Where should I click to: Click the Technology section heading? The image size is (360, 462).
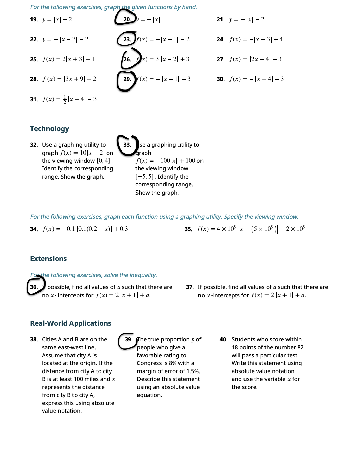(49, 129)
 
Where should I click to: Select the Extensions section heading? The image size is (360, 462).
(48, 259)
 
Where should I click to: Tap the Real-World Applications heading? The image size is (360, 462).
(71, 323)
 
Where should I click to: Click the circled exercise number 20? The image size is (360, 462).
(127, 19)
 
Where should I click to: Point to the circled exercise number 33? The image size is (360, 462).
(127, 145)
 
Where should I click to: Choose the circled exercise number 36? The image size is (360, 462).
(34, 287)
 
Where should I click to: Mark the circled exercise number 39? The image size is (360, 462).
(128, 339)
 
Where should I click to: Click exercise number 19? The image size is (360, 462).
(34, 19)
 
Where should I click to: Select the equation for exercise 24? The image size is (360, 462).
(256, 39)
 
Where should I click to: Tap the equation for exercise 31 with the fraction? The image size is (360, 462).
(69, 99)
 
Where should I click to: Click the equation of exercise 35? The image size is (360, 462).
(251, 229)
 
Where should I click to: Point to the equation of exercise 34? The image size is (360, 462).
(85, 229)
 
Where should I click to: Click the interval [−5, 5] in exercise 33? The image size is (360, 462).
(145, 177)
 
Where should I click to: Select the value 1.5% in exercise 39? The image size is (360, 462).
(193, 371)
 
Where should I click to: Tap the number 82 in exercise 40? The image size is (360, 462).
(300, 347)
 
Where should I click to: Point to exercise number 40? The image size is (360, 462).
(223, 339)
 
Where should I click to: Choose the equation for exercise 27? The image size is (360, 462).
(255, 59)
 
